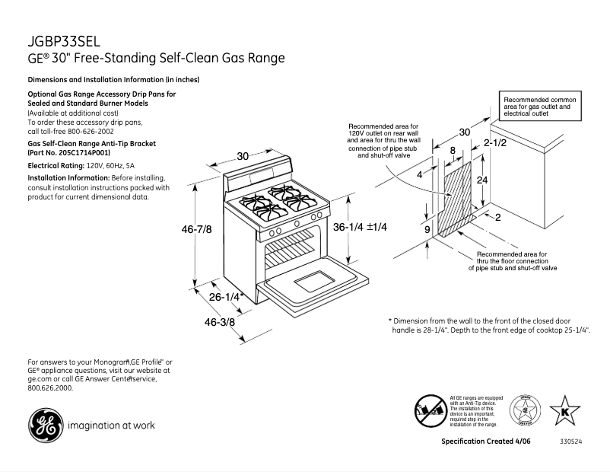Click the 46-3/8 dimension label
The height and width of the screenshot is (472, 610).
tap(220, 322)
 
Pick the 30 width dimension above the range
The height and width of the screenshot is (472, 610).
tap(243, 156)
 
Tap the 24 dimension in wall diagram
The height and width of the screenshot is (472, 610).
tap(481, 180)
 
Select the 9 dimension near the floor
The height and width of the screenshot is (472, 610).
tap(427, 228)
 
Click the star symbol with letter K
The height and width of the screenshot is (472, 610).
tap(564, 411)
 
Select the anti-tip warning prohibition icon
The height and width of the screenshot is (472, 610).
tap(430, 411)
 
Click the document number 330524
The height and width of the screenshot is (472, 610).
tap(570, 442)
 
